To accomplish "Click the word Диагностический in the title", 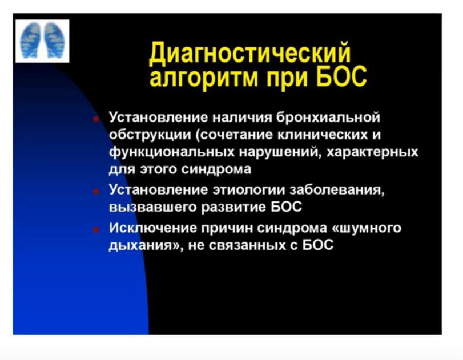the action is (250, 54).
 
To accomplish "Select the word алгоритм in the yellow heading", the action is (206, 78).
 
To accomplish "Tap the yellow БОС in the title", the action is (341, 75).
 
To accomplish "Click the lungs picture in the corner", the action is (42, 41).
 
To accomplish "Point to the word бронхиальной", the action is (328, 118).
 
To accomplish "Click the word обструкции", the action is (150, 135).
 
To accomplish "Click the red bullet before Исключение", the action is (96, 229).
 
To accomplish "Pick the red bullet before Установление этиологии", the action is (96, 191).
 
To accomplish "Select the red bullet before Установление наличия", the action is (96, 119).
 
